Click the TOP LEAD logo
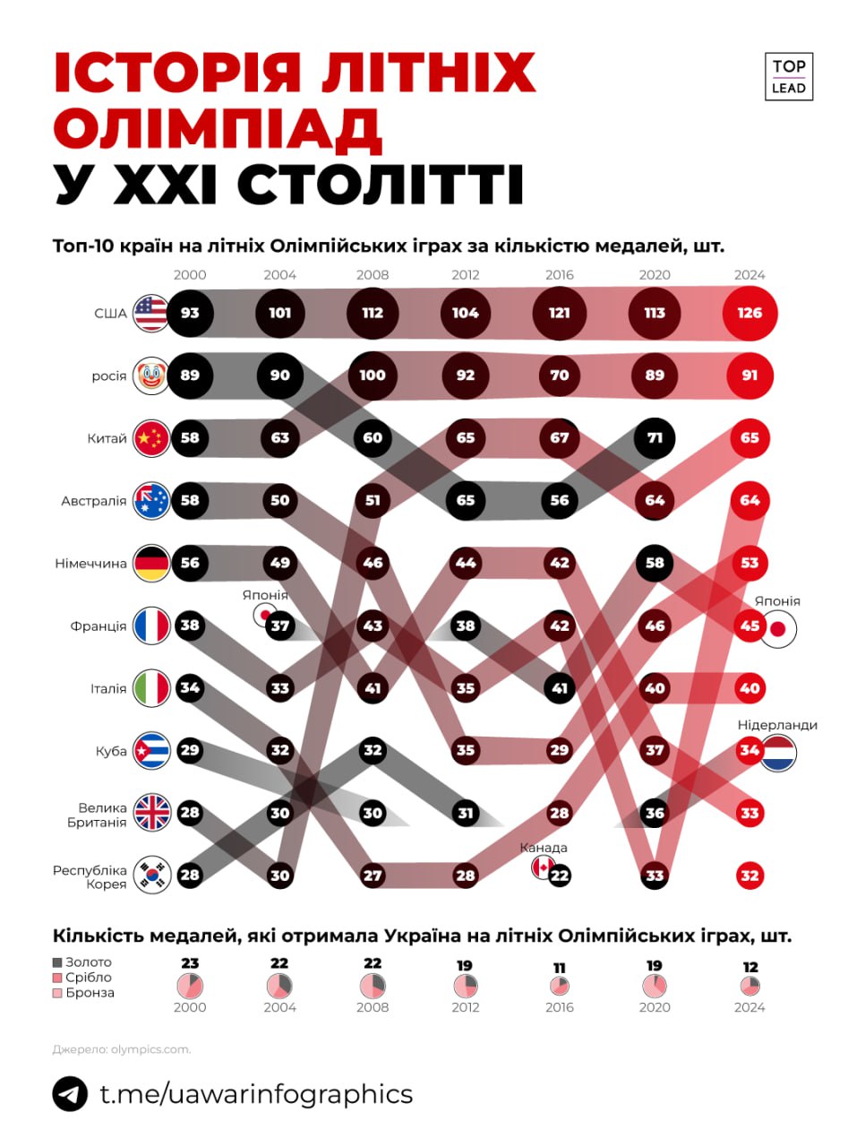(788, 76)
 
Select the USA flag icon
(150, 313)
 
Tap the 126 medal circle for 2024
(749, 313)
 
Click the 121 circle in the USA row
(560, 313)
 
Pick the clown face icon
(150, 375)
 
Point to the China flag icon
(150, 438)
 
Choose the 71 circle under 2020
(655, 438)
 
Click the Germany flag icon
(150, 564)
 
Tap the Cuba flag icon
(150, 751)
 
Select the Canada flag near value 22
(543, 867)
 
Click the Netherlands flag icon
(778, 753)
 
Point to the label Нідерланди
(777, 725)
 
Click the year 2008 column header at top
(373, 275)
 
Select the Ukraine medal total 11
(560, 968)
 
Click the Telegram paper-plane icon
(70, 1094)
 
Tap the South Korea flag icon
(150, 875)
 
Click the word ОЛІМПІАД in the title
(218, 129)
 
